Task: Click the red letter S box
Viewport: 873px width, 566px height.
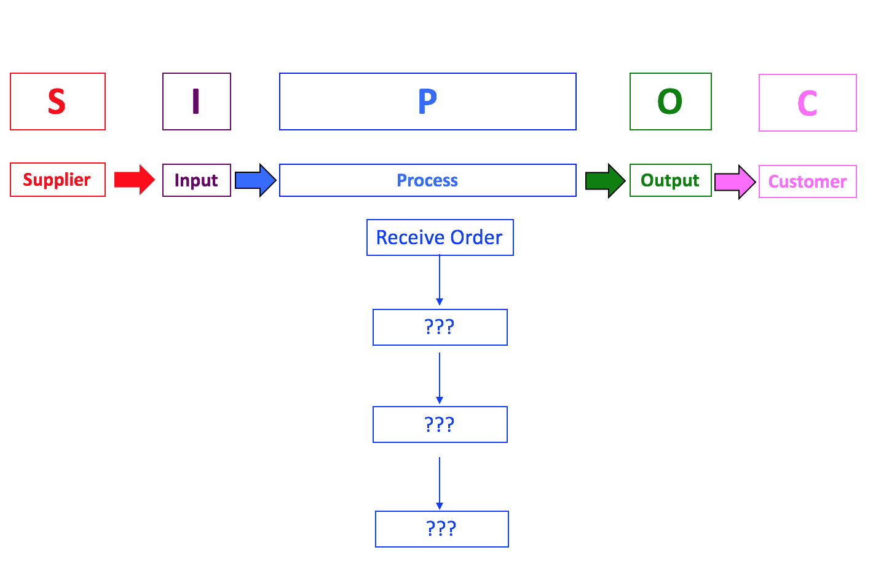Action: (x=58, y=102)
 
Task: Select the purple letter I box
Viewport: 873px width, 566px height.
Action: (x=197, y=102)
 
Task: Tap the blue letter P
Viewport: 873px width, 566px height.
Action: (x=427, y=102)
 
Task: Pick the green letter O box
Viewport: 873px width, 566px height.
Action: (x=670, y=102)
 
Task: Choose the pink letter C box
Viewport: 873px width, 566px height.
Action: (x=807, y=103)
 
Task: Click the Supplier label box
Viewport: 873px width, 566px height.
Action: (x=58, y=180)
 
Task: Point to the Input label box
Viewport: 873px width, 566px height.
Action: (x=197, y=180)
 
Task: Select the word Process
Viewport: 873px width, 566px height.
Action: (x=427, y=180)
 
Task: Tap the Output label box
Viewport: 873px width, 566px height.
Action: (x=670, y=180)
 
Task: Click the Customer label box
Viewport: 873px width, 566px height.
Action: (x=807, y=181)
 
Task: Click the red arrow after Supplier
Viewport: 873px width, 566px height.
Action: (x=134, y=180)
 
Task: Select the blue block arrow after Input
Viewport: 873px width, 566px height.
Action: (x=255, y=180)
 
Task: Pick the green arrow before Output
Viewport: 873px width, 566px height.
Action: (x=605, y=181)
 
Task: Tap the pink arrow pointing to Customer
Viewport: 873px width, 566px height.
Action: (x=735, y=182)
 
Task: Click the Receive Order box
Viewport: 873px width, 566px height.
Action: (x=440, y=237)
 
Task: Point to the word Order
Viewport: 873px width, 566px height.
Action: (x=476, y=237)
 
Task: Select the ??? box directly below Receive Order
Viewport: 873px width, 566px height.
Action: (x=440, y=327)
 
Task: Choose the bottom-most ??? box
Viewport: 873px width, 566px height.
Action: (x=441, y=529)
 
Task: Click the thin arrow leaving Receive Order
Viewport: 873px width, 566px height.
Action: (x=440, y=280)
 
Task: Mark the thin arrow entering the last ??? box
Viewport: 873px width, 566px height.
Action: (x=440, y=483)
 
